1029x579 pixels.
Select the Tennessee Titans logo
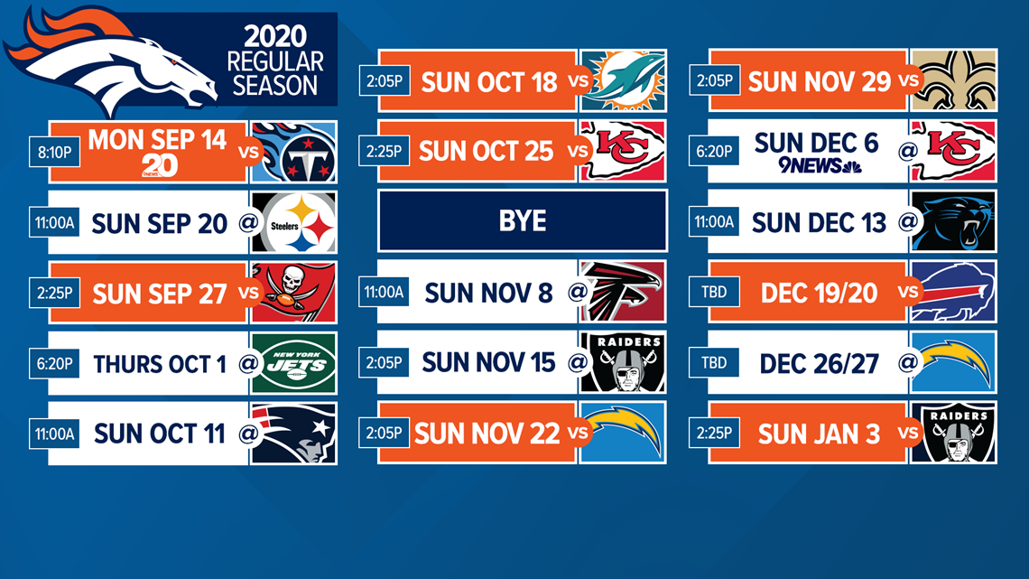(x=293, y=152)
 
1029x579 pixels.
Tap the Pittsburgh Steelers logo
(x=293, y=223)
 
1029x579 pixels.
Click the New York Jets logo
(x=293, y=363)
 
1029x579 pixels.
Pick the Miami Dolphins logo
(x=623, y=80)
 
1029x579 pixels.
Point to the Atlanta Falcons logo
(x=623, y=292)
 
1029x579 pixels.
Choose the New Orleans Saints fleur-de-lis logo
(x=953, y=80)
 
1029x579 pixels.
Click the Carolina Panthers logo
(x=953, y=222)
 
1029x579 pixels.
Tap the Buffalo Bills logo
(x=953, y=292)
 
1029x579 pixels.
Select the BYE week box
(x=523, y=220)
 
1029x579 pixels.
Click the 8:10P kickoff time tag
(x=54, y=153)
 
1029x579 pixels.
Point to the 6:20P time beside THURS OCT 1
(x=54, y=363)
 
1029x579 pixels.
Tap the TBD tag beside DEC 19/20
(x=714, y=292)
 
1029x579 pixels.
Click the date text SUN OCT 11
(x=160, y=434)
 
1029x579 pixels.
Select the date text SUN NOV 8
(x=489, y=293)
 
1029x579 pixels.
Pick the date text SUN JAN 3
(x=819, y=434)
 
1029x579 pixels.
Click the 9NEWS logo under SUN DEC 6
(x=820, y=165)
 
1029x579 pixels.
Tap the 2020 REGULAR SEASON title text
(x=275, y=61)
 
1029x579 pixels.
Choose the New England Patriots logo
(x=293, y=434)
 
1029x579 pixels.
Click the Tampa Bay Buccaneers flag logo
(x=293, y=293)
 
